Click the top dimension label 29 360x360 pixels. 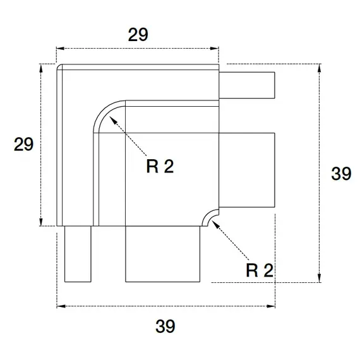tap(138, 35)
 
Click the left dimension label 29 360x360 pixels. tap(23, 144)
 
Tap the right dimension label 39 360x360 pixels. tap(341, 173)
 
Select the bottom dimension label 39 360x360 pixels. tap(165, 326)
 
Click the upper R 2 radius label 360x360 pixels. tap(160, 166)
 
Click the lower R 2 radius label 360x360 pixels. tap(260, 270)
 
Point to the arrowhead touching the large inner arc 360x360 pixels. tap(113, 120)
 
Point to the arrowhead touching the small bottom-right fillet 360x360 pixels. tap(215, 224)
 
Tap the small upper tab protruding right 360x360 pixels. tap(247, 85)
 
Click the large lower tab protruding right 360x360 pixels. tap(247, 170)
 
